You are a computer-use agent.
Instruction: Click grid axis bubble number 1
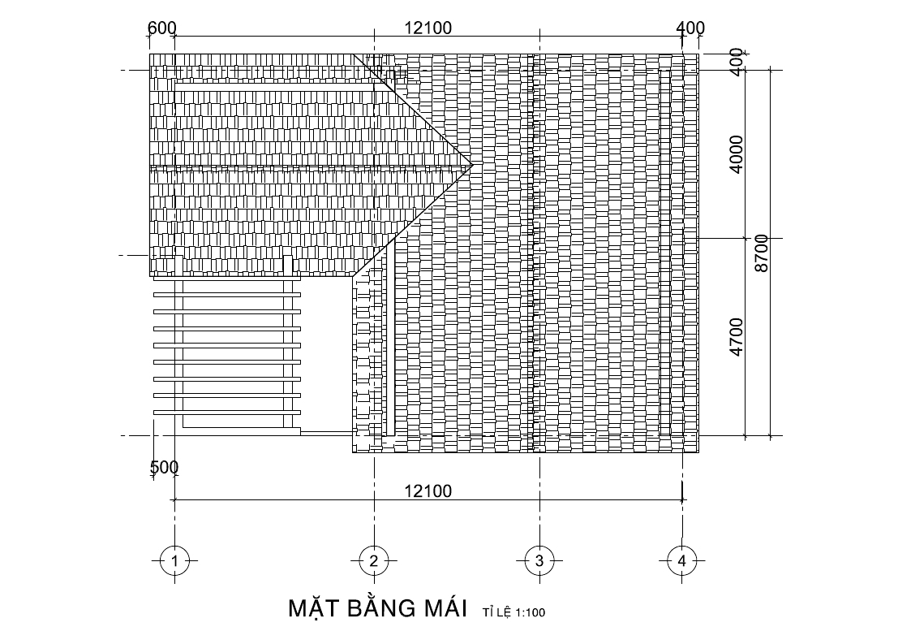[175, 561]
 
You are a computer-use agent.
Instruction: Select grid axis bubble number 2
[374, 561]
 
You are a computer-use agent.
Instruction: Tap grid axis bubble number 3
[539, 561]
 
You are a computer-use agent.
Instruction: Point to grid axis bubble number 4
[682, 561]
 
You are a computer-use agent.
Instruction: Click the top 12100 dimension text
[428, 28]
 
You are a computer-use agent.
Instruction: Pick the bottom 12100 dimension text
[428, 491]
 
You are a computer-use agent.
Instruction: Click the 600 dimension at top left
[161, 28]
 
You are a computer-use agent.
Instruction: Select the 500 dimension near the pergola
[165, 467]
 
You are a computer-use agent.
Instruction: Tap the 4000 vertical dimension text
[736, 154]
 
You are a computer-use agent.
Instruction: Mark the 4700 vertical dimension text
[736, 337]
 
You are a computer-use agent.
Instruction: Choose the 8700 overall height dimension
[761, 253]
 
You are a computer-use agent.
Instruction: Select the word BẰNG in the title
[382, 607]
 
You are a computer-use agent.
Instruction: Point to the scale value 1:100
[530, 612]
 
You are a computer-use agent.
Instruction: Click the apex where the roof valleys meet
[473, 165]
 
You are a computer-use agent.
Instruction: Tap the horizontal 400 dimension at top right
[691, 28]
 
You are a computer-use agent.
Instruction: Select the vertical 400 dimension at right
[737, 62]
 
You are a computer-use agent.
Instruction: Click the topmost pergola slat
[227, 278]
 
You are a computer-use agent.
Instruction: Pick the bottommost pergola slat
[227, 413]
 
